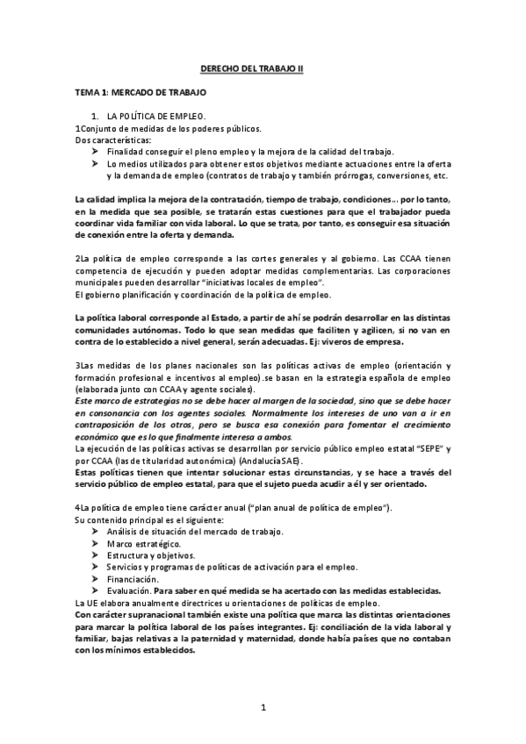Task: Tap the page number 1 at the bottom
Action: [263, 706]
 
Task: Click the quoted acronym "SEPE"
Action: [422, 447]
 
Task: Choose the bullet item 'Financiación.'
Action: [133, 578]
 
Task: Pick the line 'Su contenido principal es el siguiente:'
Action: [149, 520]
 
